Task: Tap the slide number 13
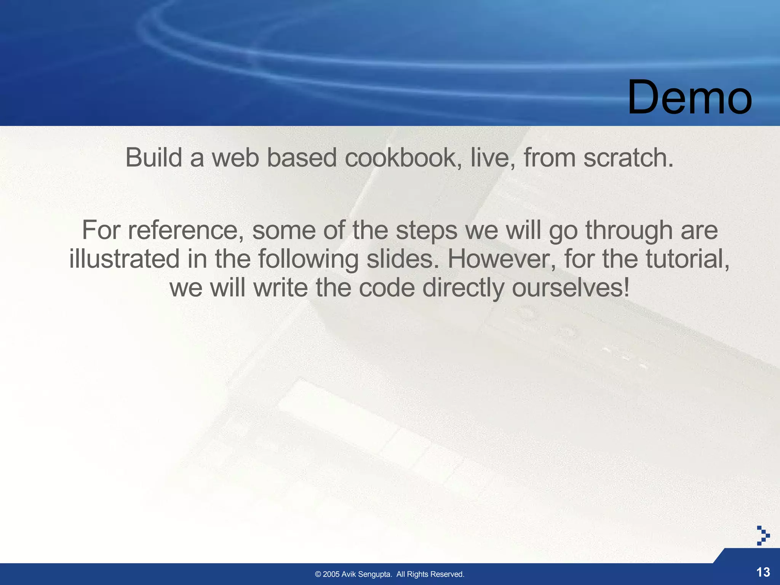(763, 572)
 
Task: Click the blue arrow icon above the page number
(763, 535)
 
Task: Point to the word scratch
(628, 158)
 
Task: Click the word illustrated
(124, 259)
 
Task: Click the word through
(628, 231)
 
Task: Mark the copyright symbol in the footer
(318, 574)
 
